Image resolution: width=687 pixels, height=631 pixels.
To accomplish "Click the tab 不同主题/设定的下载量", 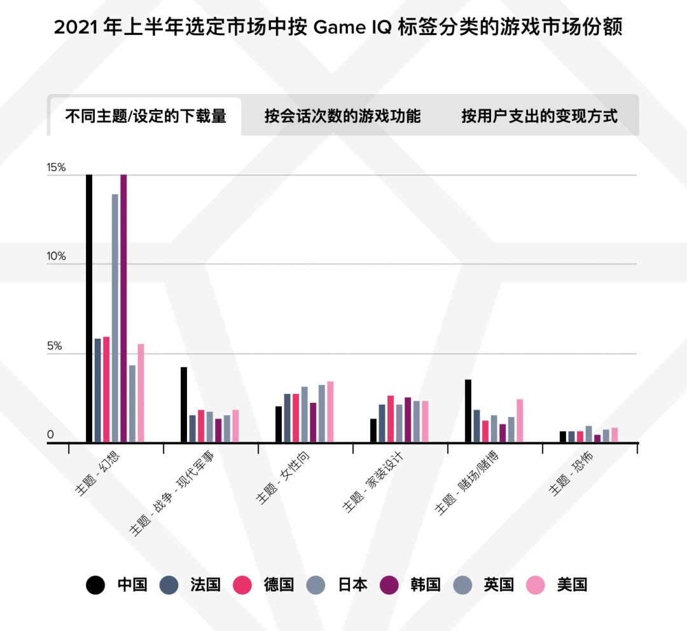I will [x=145, y=116].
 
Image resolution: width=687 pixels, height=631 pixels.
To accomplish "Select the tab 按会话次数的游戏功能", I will [x=342, y=116].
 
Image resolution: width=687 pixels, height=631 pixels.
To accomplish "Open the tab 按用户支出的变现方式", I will [x=539, y=116].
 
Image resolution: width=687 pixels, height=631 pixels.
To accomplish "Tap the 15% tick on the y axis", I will [x=56, y=168].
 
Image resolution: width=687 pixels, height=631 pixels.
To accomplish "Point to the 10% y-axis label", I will [x=56, y=257].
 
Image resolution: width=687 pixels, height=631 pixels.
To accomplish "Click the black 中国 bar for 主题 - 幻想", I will [x=89, y=308].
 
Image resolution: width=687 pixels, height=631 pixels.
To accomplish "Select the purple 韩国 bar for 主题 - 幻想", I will [x=123, y=308].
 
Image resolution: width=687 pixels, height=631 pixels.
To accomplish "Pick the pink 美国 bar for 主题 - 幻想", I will [x=141, y=393].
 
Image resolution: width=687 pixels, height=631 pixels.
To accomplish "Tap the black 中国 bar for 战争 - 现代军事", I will [x=184, y=404].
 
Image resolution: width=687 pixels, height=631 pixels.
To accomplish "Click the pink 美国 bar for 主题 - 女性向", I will [x=330, y=411].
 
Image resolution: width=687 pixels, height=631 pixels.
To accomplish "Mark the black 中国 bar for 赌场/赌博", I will [x=468, y=410].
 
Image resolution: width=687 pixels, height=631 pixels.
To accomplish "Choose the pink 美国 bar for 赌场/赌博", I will [x=520, y=420].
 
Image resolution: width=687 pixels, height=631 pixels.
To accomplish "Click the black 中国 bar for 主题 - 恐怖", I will [x=563, y=437].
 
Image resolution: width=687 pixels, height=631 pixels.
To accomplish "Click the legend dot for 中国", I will [x=95, y=585].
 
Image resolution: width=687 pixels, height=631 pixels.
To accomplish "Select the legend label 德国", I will [x=279, y=585].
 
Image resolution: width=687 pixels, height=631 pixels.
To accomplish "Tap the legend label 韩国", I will [x=425, y=585].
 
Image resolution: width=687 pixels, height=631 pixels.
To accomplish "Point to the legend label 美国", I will [x=572, y=585].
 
